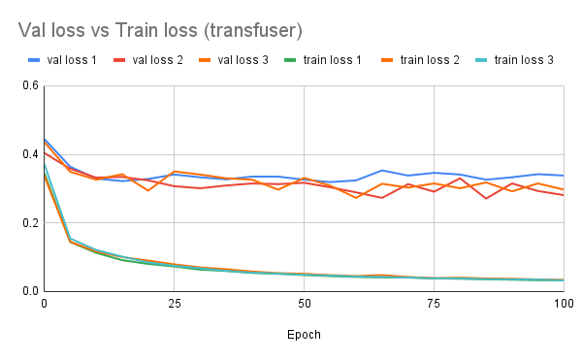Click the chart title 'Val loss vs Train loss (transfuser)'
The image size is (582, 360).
(157, 29)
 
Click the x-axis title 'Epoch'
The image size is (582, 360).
(304, 334)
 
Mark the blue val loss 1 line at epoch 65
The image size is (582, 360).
(382, 170)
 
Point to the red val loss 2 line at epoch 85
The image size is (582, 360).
(486, 198)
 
